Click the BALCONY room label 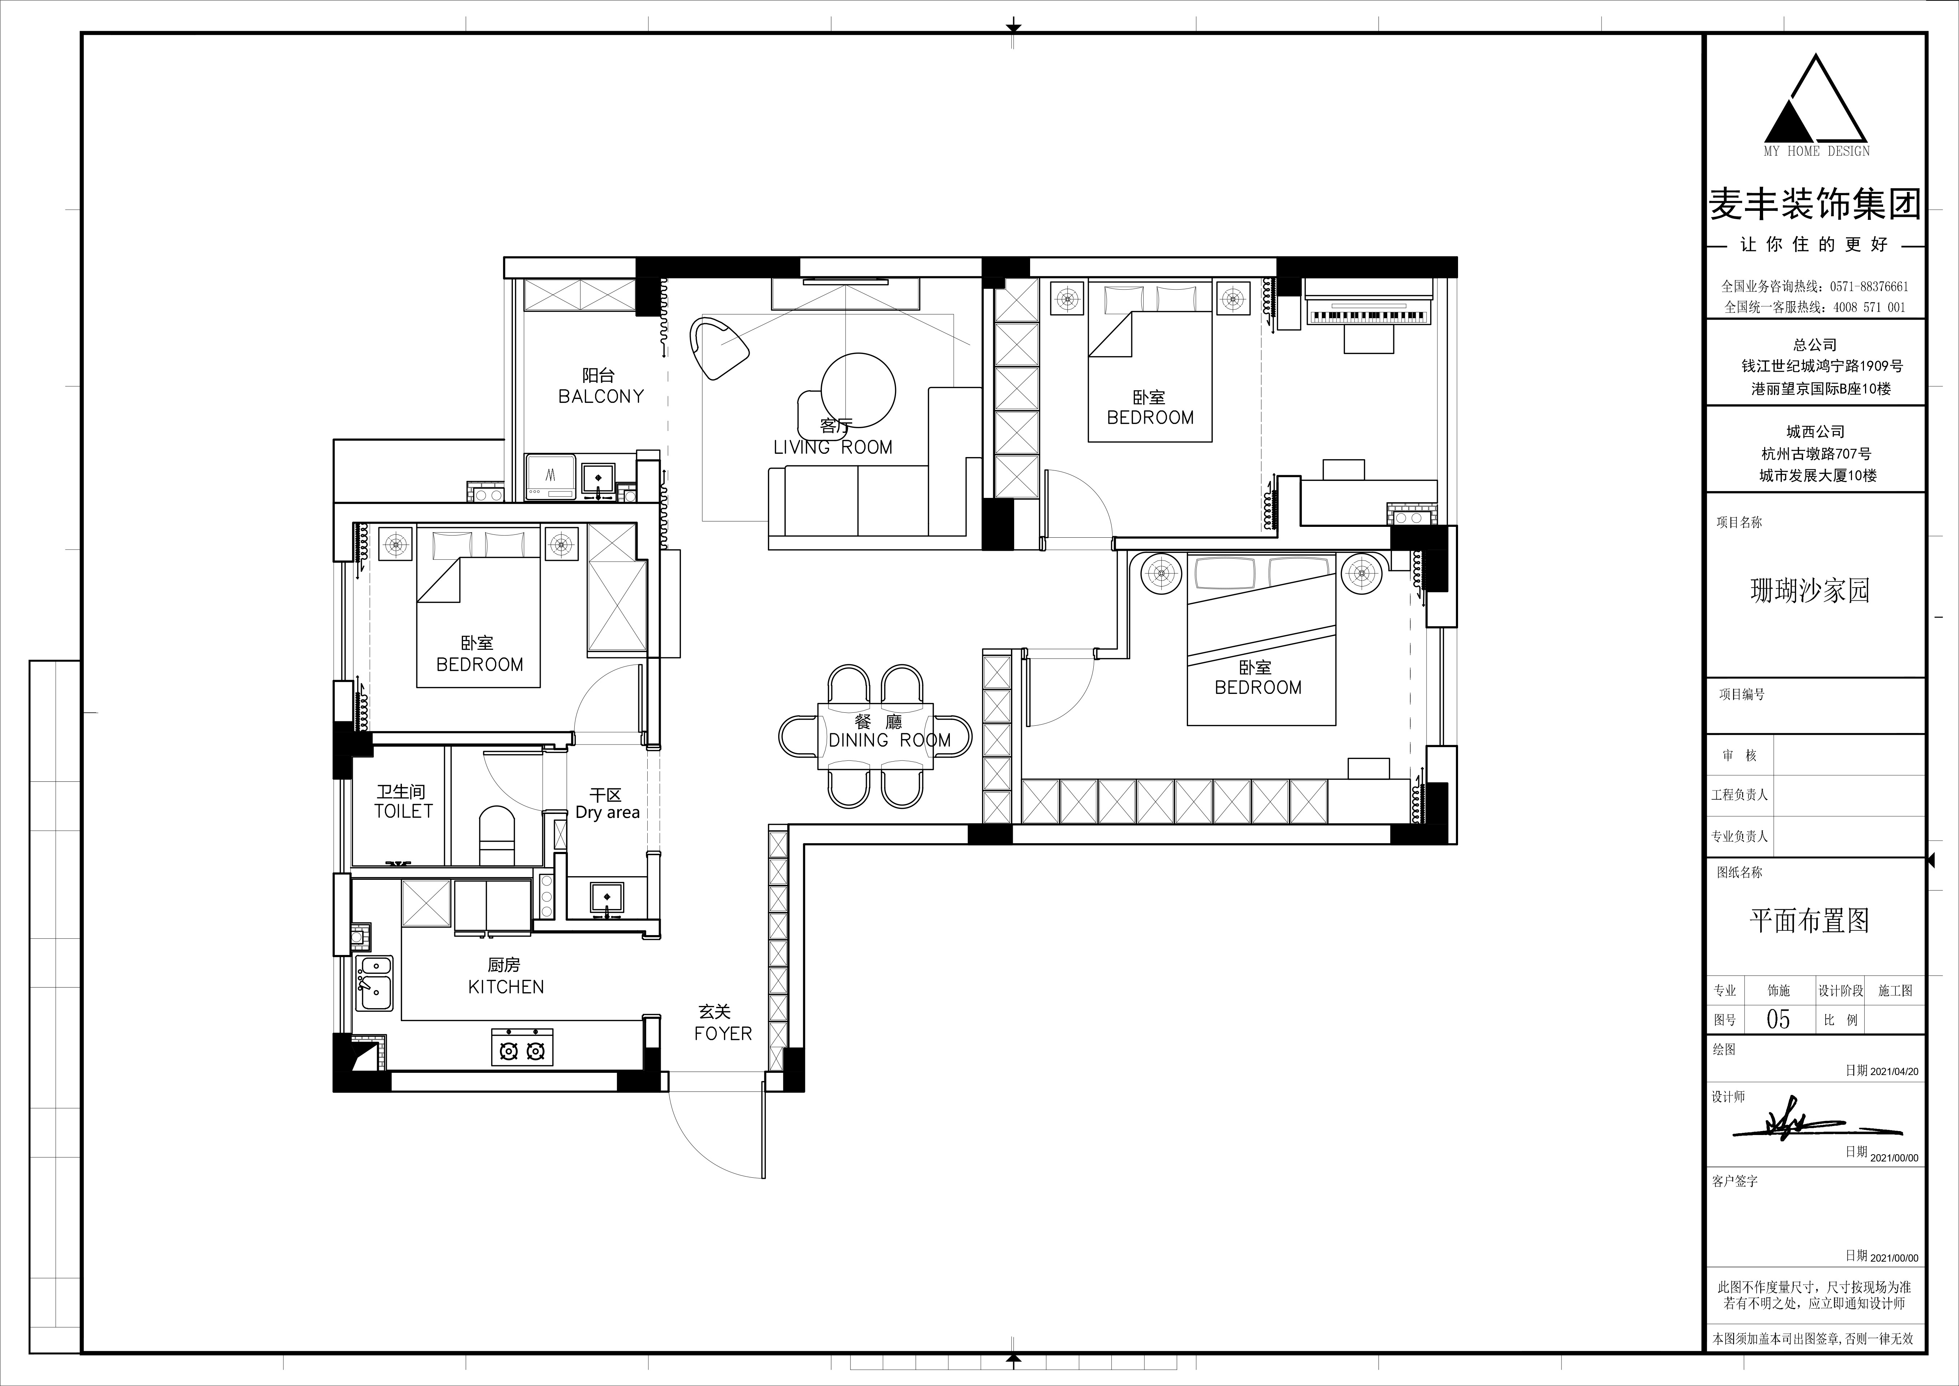click(601, 396)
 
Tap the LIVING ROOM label click(833, 447)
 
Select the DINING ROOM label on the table click(890, 740)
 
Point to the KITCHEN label click(506, 986)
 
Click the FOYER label click(723, 1033)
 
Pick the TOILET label click(404, 811)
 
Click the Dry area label click(608, 813)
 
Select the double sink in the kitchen click(374, 983)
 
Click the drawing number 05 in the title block click(1778, 1019)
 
